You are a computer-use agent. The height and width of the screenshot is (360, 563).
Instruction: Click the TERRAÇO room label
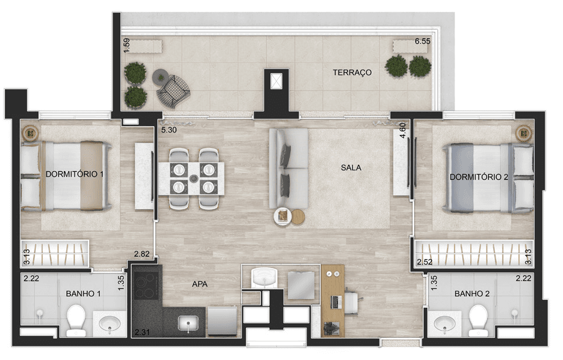point(352,73)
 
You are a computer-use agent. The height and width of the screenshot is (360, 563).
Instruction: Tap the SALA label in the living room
point(351,167)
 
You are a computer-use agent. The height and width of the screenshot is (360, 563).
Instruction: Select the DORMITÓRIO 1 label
point(74,174)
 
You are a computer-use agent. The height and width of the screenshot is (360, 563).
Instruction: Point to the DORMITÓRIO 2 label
point(479,177)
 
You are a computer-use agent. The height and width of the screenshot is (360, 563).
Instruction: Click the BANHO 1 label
point(83,294)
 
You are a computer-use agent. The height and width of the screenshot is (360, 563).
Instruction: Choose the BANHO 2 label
point(472,294)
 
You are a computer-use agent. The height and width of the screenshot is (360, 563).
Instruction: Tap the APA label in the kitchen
point(199,284)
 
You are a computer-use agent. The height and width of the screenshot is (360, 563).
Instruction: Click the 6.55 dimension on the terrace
point(422,41)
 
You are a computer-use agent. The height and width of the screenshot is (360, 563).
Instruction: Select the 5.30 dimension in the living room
point(169,130)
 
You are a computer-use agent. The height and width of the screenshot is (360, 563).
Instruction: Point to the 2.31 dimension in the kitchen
point(142,332)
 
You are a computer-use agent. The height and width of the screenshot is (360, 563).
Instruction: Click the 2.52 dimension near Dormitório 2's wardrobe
point(425,262)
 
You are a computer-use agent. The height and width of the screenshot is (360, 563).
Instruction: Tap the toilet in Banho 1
point(76,321)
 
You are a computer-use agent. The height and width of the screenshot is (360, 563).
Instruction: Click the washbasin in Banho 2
point(445,324)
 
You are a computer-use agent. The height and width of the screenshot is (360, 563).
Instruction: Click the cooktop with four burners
point(146,286)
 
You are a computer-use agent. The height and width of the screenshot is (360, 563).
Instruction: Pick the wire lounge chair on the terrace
point(173,91)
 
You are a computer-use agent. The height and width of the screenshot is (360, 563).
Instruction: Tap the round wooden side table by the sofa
point(298,217)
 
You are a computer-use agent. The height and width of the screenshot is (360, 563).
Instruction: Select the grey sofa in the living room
point(289,169)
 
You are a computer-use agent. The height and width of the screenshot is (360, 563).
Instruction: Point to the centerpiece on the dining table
point(194,178)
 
